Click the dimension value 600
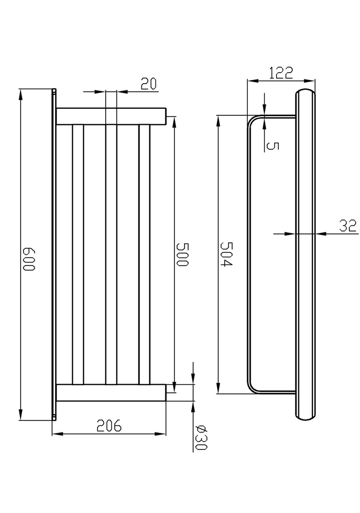pyautogui.click(x=28, y=259)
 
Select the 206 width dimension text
pyautogui.click(x=110, y=426)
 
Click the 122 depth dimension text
pyautogui.click(x=281, y=73)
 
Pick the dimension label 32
pyautogui.click(x=347, y=226)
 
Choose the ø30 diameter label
pyautogui.click(x=202, y=437)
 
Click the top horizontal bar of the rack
pyautogui.click(x=110, y=116)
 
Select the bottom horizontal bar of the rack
pyautogui.click(x=110, y=393)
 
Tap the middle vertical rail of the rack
pyautogui.click(x=111, y=254)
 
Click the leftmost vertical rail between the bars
pyautogui.click(x=78, y=254)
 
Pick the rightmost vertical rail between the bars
pyautogui.click(x=144, y=254)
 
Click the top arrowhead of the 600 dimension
pyautogui.click(x=21, y=93)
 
